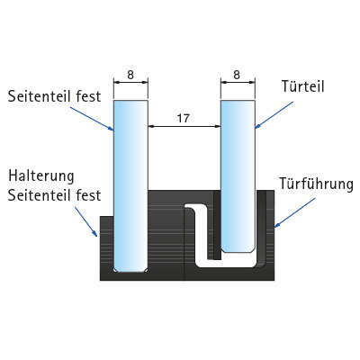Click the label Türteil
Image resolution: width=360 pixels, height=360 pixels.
[x=303, y=86]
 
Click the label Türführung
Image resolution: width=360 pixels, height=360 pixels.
[x=317, y=184]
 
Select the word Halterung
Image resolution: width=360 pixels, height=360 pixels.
[x=41, y=175]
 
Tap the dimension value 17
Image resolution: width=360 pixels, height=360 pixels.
[x=184, y=118]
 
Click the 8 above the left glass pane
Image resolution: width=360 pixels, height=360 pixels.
[x=130, y=75]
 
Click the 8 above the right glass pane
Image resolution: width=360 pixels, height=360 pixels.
[x=237, y=75]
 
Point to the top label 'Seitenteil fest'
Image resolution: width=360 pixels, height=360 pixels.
[x=54, y=96]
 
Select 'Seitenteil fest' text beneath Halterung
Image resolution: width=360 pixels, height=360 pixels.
[x=54, y=195]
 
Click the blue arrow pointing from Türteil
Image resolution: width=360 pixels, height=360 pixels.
[x=274, y=115]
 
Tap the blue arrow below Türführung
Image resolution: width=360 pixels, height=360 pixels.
[x=295, y=212]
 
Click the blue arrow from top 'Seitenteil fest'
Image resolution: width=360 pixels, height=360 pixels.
[x=93, y=118]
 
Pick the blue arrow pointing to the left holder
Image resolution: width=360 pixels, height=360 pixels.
[x=85, y=221]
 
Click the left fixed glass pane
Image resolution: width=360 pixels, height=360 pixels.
[x=130, y=186]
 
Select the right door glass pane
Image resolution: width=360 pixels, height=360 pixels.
[x=238, y=176]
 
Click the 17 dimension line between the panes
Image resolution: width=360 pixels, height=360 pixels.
[x=184, y=127]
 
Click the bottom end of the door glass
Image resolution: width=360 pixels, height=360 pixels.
[x=238, y=252]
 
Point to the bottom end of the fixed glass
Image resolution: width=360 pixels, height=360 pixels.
[x=130, y=272]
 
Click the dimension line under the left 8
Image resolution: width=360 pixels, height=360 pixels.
[x=130, y=82]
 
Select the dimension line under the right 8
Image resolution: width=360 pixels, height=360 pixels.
[x=238, y=82]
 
